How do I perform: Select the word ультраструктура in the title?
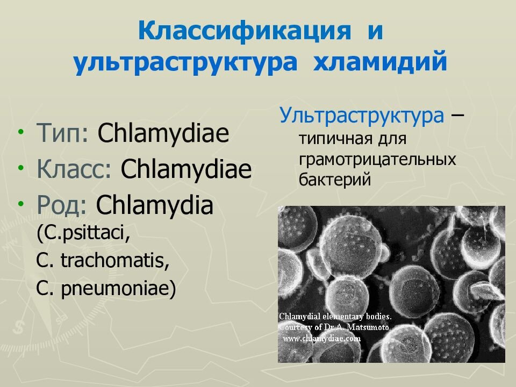pyautogui.click(x=185, y=62)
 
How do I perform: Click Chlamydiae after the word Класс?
pyautogui.click(x=186, y=170)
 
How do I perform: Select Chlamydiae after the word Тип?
pyautogui.click(x=163, y=134)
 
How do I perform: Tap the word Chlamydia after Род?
pyautogui.click(x=155, y=206)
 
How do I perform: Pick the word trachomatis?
pyautogui.click(x=114, y=262)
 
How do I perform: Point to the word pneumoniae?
pyautogui.click(x=119, y=290)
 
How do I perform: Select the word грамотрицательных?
pyautogui.click(x=377, y=160)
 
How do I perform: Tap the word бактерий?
pyautogui.click(x=335, y=180)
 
